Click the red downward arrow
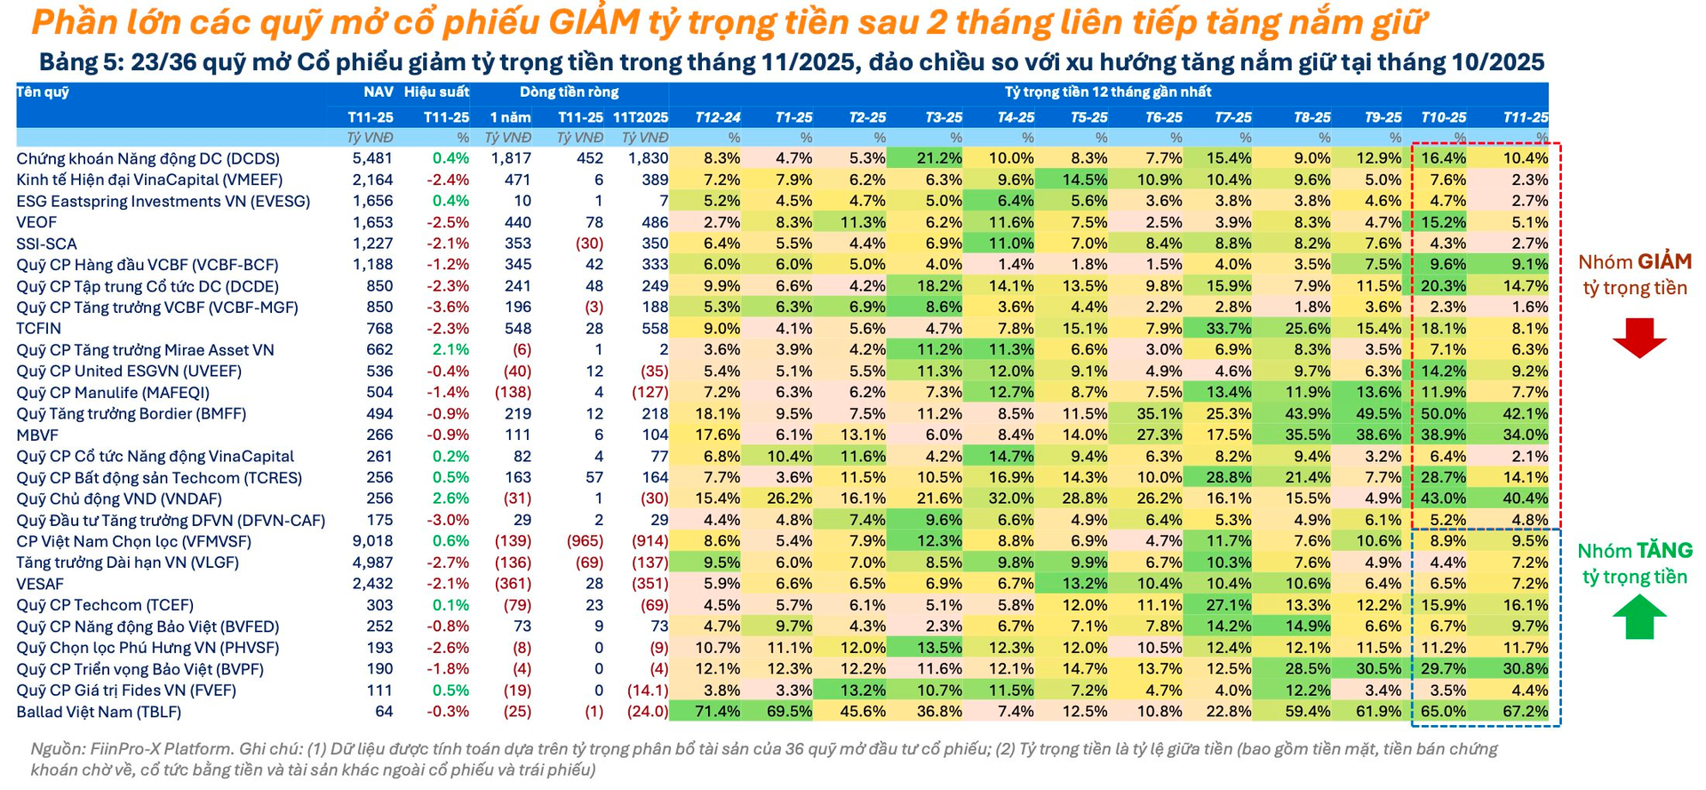tap(1639, 338)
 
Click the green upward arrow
tap(1639, 617)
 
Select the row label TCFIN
tap(39, 329)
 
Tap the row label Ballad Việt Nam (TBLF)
tap(99, 712)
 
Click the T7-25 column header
tap(1233, 117)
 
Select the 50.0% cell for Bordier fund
tap(1443, 414)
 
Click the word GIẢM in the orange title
tap(593, 22)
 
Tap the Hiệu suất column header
tap(436, 92)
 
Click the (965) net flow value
tap(585, 541)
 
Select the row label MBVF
tap(37, 435)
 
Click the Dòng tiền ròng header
tap(569, 92)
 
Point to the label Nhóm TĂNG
tap(1635, 551)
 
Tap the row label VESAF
tap(40, 584)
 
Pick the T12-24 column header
tap(718, 117)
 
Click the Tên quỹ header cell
tap(43, 92)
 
